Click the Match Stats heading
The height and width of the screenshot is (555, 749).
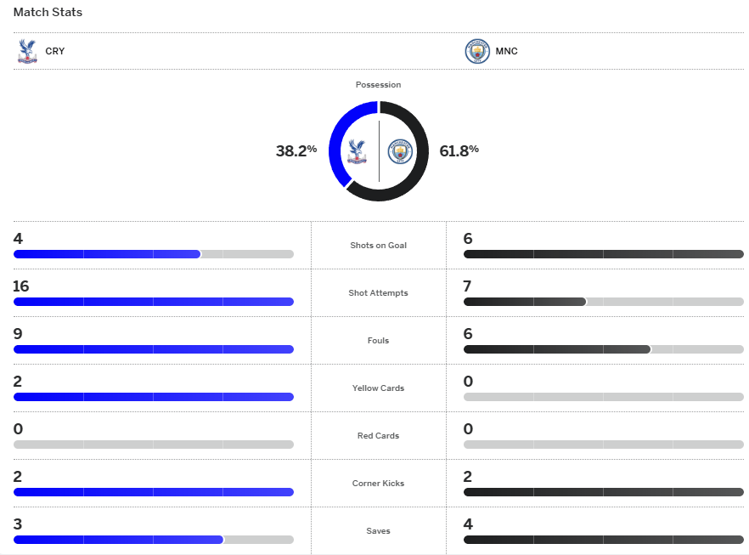tap(48, 13)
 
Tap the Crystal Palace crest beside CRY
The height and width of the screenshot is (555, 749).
tap(27, 51)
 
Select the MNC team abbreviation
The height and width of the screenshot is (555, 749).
tap(507, 51)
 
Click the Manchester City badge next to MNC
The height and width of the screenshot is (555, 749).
tap(477, 51)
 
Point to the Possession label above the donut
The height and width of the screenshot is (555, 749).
tap(378, 85)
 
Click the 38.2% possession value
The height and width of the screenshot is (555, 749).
tap(296, 150)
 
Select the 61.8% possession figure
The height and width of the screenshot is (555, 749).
tap(459, 150)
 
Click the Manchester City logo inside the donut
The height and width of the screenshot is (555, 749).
tap(399, 151)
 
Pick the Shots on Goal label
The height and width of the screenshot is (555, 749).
tap(378, 246)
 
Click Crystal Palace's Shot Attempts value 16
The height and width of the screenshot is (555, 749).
tap(21, 286)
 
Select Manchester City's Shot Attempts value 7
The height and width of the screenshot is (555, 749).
tap(467, 286)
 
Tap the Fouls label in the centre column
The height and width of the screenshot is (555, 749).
tap(378, 341)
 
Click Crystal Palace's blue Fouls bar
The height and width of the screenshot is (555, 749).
tap(153, 349)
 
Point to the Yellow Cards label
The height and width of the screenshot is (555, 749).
tap(378, 388)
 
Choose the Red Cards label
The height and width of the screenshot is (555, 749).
tap(378, 436)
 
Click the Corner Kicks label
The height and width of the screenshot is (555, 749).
tap(378, 484)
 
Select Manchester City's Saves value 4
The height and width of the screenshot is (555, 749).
tap(468, 524)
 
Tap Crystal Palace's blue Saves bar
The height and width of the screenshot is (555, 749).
tap(118, 540)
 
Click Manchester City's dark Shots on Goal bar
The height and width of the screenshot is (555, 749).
tap(603, 254)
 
